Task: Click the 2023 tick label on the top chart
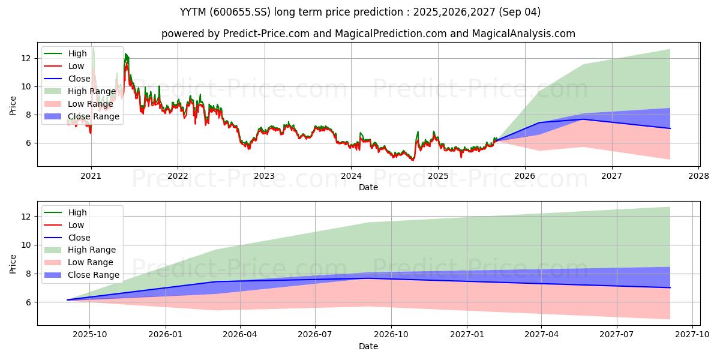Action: pyautogui.click(x=264, y=176)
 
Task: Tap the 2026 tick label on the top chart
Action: pyautogui.click(x=525, y=176)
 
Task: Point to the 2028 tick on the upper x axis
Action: pyautogui.click(x=699, y=176)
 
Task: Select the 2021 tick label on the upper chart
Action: pyautogui.click(x=91, y=176)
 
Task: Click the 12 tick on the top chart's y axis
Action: pyautogui.click(x=26, y=58)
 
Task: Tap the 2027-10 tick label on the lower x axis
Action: pyautogui.click(x=693, y=335)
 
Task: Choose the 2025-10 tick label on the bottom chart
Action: pyautogui.click(x=89, y=335)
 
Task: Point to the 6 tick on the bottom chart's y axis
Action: pyautogui.click(x=28, y=302)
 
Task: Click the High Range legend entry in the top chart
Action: pyautogui.click(x=89, y=91)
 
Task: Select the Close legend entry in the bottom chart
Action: pyautogui.click(x=79, y=238)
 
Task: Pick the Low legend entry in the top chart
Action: pyautogui.click(x=76, y=66)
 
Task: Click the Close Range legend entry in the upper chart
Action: pyautogui.click(x=93, y=116)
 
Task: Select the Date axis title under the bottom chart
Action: pyautogui.click(x=368, y=346)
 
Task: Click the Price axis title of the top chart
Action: pyautogui.click(x=13, y=106)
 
